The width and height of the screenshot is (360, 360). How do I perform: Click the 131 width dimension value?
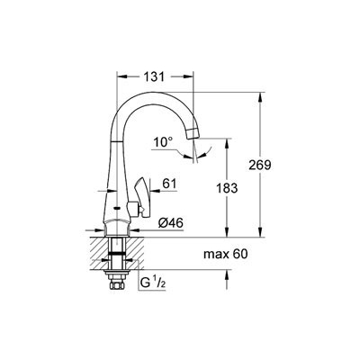click(154, 76)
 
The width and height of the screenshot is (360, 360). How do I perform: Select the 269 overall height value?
click(260, 165)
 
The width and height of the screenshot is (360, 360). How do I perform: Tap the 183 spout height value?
click(227, 188)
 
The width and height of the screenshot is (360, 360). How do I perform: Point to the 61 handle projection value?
click(169, 184)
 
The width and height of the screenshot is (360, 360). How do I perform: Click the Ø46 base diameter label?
click(171, 223)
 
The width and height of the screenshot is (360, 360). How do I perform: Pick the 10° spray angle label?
click(163, 142)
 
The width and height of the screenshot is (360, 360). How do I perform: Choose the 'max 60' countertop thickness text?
click(226, 255)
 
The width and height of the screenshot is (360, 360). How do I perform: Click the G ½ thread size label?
click(153, 283)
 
